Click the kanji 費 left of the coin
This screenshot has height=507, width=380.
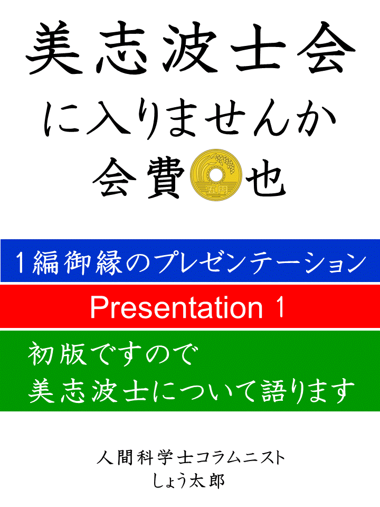tap(165, 177)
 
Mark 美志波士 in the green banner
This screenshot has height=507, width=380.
tap(89, 391)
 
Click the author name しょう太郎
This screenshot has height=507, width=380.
tap(189, 481)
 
